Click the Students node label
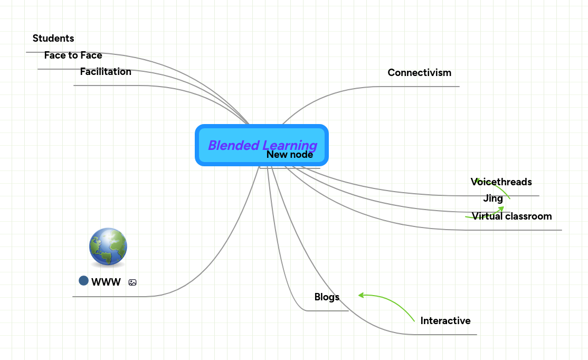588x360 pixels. pos(53,39)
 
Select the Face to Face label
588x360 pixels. pos(73,55)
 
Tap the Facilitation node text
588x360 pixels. pos(106,72)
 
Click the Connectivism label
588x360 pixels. pos(419,73)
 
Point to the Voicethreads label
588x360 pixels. pos(501,182)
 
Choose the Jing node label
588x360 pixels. pos(493,199)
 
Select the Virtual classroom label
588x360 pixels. pos(511,216)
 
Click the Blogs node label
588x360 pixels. pos(327,297)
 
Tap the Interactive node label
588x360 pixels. pos(445,321)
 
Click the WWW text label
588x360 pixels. pos(106,282)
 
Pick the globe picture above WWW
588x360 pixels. pos(108,247)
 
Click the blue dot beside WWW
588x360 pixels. pos(83,280)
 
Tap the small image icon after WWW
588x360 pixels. pos(132,282)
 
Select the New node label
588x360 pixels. pos(290,155)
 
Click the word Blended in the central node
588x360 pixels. pos(233,145)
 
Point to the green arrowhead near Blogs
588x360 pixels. pos(362,295)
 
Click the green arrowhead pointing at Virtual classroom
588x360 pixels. pos(501,210)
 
